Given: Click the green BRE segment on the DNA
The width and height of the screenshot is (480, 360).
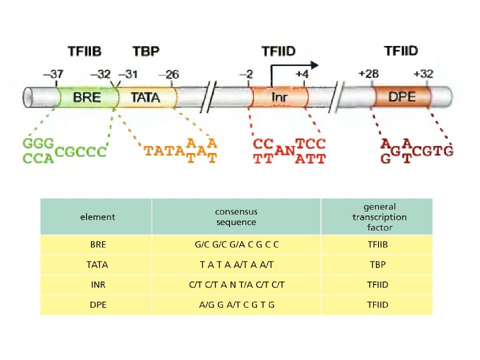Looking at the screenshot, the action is click(x=87, y=97).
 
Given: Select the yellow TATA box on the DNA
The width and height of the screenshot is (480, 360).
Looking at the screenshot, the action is click(x=146, y=97).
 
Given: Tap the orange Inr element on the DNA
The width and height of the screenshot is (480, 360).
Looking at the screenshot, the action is click(x=278, y=97).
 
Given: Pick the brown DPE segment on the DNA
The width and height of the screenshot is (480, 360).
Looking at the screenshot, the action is click(x=401, y=97).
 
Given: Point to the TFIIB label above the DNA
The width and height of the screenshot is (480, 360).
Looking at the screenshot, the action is click(x=84, y=51).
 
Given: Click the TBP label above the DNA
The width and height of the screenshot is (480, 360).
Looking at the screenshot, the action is click(x=146, y=51).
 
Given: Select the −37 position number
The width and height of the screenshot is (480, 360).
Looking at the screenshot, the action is click(x=53, y=74).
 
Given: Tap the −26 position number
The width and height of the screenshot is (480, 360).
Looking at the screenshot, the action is click(x=168, y=74).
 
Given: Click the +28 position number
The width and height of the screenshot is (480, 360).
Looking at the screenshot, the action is click(x=368, y=74).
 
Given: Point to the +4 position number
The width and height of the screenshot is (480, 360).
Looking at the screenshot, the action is click(x=302, y=74).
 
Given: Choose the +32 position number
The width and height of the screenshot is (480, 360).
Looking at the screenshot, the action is click(x=423, y=74).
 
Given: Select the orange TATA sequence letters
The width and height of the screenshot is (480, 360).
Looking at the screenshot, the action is click(x=164, y=150).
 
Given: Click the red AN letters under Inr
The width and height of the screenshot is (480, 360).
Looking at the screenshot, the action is click(x=284, y=150).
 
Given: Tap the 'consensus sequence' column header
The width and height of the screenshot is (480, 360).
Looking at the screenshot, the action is click(x=236, y=216).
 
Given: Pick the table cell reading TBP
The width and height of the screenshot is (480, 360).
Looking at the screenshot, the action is click(x=378, y=264).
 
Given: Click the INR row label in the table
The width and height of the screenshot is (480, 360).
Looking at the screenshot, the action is click(x=98, y=284).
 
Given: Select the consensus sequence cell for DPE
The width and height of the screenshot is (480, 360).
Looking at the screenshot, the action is click(x=236, y=305).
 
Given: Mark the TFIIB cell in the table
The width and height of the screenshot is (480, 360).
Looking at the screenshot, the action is click(x=378, y=244).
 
